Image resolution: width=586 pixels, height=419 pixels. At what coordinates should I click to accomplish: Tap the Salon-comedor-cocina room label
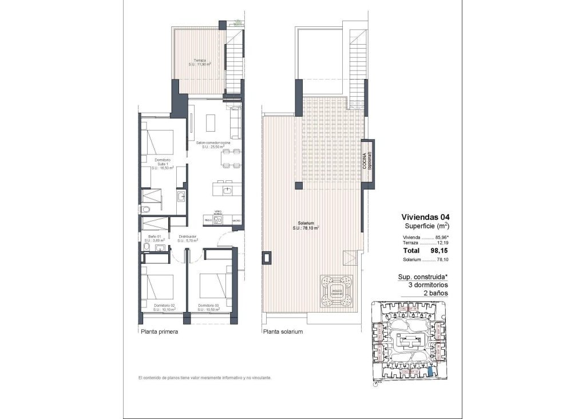coord(213,144)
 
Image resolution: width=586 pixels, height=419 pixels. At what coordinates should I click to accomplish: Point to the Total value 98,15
coord(441,250)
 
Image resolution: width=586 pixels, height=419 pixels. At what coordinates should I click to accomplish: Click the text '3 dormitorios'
coord(424,284)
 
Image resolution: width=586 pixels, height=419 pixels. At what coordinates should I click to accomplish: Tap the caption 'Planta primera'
coord(159,331)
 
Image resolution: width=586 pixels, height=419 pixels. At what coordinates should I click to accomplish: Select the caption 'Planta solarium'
coord(282,331)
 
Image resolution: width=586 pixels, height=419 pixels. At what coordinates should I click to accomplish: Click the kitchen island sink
coord(228,188)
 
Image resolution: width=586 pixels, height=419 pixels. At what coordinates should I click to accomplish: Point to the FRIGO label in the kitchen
coord(208,220)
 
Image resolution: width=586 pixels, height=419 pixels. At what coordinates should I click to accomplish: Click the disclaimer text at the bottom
coord(204,378)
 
